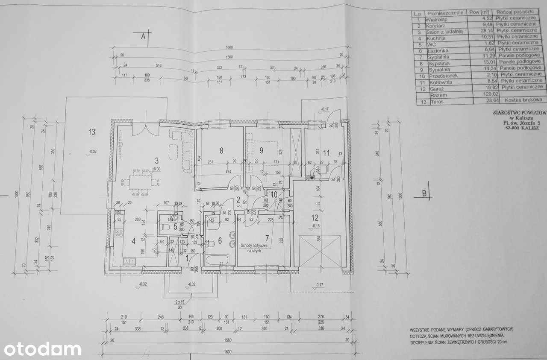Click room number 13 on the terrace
(x=91, y=132)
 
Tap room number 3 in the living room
(x=157, y=161)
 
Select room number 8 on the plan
(x=221, y=150)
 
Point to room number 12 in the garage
(x=315, y=218)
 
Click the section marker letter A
(x=144, y=37)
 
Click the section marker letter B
(x=424, y=193)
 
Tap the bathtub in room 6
(x=217, y=260)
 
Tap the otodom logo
(x=41, y=349)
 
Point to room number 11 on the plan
(x=326, y=152)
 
